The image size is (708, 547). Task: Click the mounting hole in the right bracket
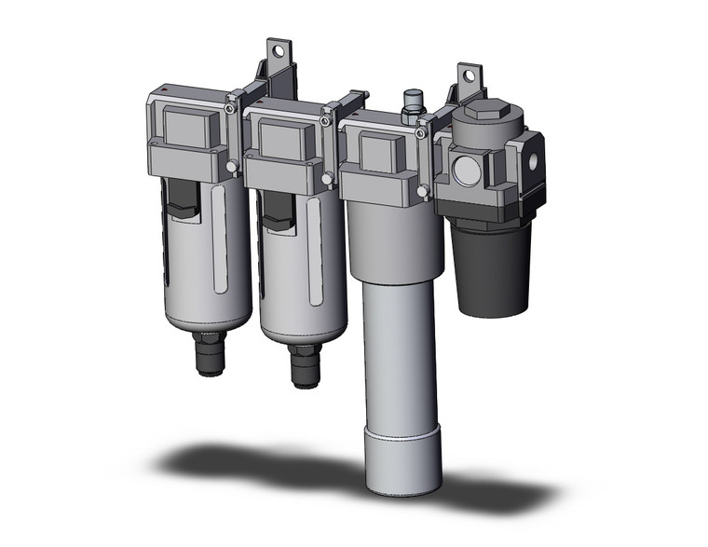[x=466, y=72]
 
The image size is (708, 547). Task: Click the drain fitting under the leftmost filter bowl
[x=208, y=355]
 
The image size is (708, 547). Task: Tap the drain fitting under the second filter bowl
[x=303, y=364]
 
